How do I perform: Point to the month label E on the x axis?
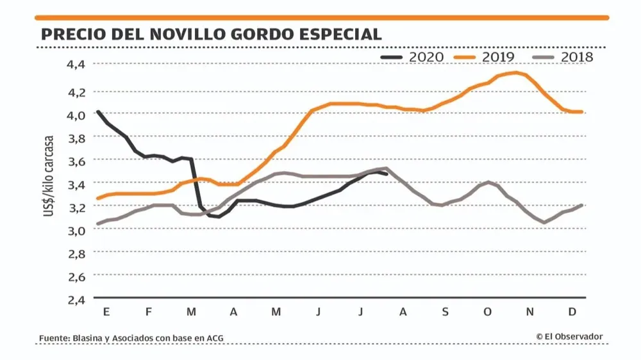click(x=106, y=312)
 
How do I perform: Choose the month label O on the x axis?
click(x=487, y=312)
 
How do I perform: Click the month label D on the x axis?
click(x=572, y=312)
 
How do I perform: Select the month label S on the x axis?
click(x=445, y=312)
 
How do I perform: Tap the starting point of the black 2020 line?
click(x=97, y=111)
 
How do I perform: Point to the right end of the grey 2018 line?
click(x=581, y=205)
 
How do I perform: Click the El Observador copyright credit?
click(x=569, y=337)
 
